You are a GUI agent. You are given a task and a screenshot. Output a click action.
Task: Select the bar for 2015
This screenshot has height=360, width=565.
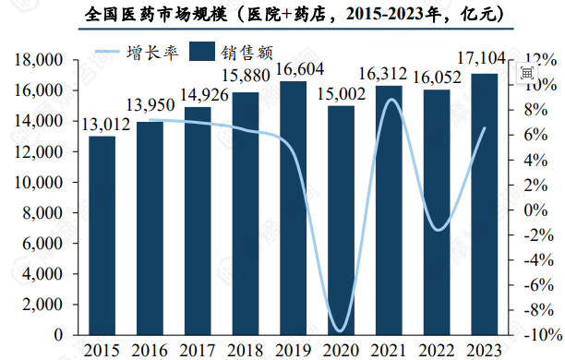(x=102, y=235)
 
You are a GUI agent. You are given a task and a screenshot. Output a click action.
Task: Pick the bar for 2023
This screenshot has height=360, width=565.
(x=485, y=204)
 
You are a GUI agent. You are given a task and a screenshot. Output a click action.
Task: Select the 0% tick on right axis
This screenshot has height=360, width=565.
(x=530, y=210)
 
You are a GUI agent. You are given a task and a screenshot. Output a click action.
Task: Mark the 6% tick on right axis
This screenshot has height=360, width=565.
(x=530, y=135)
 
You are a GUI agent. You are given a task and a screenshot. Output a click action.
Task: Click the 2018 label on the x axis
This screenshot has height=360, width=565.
(x=246, y=349)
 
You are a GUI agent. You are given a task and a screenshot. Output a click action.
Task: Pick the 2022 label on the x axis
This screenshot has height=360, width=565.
(x=437, y=349)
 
